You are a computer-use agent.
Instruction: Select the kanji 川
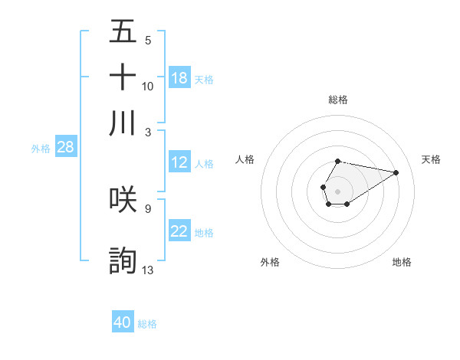pyautogui.click(x=123, y=123)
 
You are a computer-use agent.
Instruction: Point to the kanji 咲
pyautogui.click(x=123, y=199)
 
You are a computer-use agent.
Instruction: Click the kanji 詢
pyautogui.click(x=123, y=260)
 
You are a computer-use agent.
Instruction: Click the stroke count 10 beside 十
pyautogui.click(x=148, y=86)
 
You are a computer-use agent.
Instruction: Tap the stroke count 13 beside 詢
pyautogui.click(x=148, y=270)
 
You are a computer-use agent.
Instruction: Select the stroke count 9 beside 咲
pyautogui.click(x=148, y=208)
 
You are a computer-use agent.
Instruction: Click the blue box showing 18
pyautogui.click(x=179, y=77)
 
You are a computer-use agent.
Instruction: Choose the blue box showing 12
pyautogui.click(x=179, y=162)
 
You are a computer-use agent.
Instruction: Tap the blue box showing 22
pyautogui.click(x=179, y=231)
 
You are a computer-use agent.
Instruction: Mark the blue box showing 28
pyautogui.click(x=65, y=147)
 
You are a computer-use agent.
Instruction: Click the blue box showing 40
pyautogui.click(x=123, y=322)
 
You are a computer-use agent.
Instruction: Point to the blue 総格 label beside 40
pyautogui.click(x=147, y=324)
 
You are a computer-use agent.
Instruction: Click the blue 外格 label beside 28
pyautogui.click(x=41, y=149)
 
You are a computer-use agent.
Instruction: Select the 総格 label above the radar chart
pyautogui.click(x=338, y=100)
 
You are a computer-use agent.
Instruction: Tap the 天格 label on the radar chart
pyautogui.click(x=432, y=159)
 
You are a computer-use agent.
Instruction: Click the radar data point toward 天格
pyautogui.click(x=396, y=172)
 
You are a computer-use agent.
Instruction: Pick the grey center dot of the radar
pyautogui.click(x=337, y=190)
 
